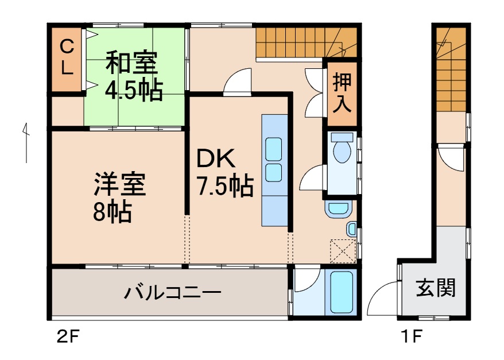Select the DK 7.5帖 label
click(224, 172)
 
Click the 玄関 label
click(436, 287)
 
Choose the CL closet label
click(67, 57)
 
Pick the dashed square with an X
click(343, 250)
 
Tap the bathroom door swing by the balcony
click(306, 280)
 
